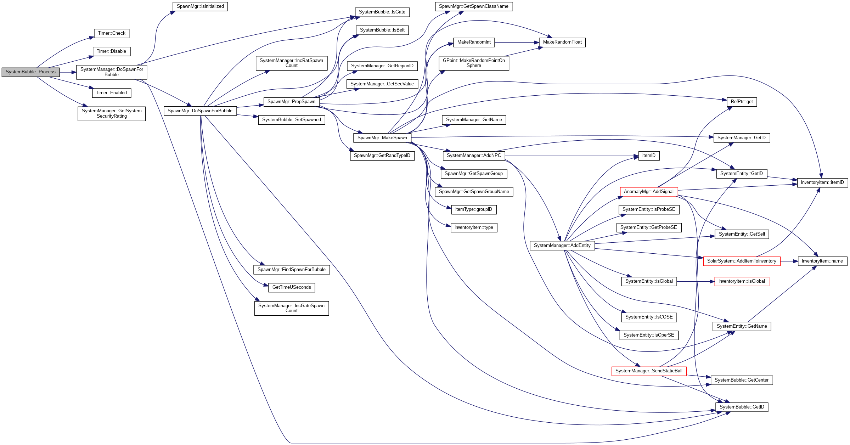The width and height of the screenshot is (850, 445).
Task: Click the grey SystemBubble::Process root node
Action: point(30,72)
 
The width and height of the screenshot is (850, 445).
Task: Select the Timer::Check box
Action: point(112,33)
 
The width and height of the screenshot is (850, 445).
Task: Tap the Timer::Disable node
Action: point(111,51)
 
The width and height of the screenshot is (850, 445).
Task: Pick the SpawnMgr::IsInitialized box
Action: point(200,6)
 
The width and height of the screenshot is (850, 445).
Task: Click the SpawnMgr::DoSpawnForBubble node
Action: point(200,111)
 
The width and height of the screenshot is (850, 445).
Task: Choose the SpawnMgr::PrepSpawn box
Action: point(291,102)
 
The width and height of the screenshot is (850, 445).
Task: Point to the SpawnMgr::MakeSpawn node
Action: point(382,138)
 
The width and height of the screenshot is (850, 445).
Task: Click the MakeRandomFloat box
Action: point(562,42)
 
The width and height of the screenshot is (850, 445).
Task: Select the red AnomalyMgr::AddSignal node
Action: point(648,192)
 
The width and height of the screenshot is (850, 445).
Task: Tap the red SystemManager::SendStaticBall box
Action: point(649,371)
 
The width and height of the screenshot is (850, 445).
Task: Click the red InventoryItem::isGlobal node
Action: point(742,281)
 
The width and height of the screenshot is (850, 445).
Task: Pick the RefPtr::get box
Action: point(742,102)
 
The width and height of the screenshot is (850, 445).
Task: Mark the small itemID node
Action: point(649,156)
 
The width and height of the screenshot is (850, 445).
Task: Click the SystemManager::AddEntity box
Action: point(562,245)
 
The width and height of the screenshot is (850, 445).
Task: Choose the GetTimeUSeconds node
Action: point(292,287)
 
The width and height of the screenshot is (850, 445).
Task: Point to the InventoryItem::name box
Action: point(822,261)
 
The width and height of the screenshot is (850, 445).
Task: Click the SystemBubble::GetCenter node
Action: point(742,380)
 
